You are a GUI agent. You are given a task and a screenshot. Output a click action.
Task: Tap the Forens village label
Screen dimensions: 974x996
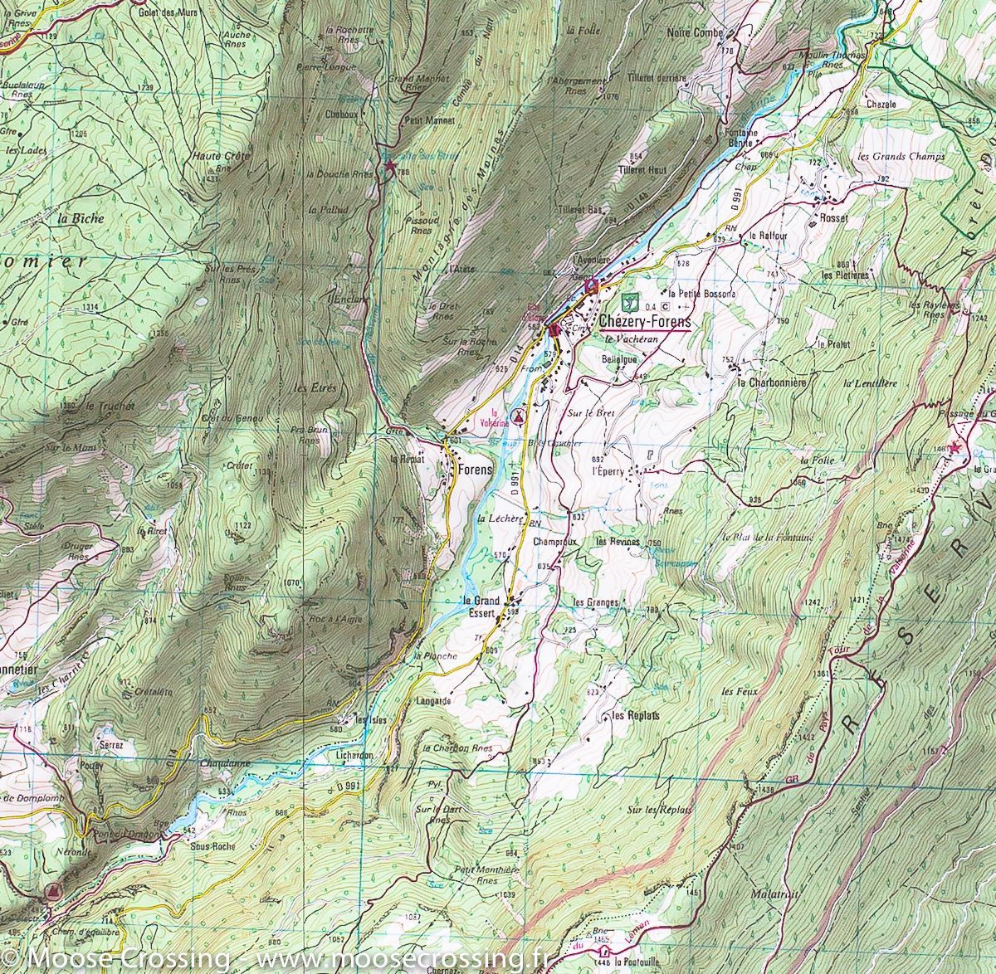click(x=475, y=469)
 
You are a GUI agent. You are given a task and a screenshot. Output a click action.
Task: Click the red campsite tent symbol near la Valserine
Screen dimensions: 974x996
click(x=519, y=416)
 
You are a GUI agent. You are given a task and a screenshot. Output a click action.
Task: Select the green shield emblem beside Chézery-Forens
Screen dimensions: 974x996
click(x=627, y=300)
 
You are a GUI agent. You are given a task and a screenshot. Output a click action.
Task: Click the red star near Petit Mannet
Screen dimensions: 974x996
click(x=389, y=167)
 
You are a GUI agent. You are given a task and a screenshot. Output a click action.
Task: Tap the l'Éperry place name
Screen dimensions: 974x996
click(x=606, y=471)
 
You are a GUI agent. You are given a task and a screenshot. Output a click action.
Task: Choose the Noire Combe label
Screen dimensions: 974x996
click(x=696, y=33)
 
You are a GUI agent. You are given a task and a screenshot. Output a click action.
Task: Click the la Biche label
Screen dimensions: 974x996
click(x=81, y=219)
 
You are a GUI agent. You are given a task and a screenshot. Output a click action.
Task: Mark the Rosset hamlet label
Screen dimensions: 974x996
click(x=833, y=218)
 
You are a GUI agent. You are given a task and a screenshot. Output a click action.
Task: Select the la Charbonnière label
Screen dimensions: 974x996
click(x=772, y=383)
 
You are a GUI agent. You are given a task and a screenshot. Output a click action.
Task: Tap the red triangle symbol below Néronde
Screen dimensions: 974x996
click(x=52, y=893)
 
